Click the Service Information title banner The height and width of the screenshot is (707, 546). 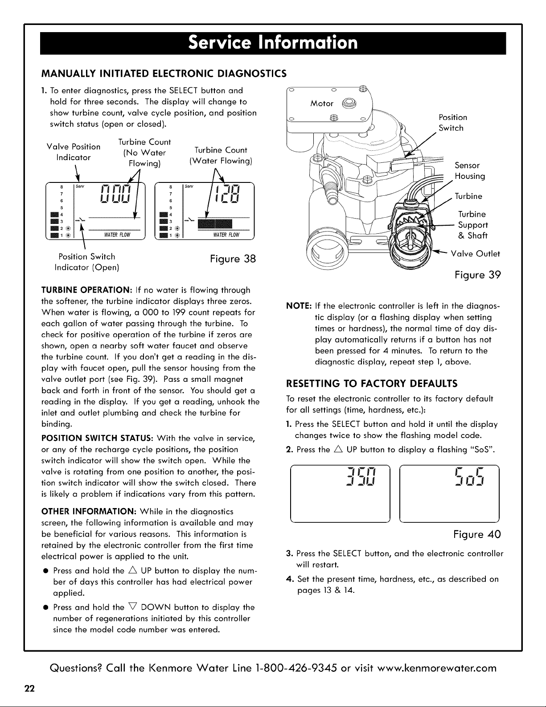(273, 43)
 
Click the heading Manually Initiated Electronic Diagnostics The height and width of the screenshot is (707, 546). (164, 74)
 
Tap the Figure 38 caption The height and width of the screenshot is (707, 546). (233, 259)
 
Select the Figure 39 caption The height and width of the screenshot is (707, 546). (478, 275)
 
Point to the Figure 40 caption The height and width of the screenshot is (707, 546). (477, 534)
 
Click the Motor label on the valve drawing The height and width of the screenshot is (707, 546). (322, 103)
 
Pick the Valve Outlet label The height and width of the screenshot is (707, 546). (476, 254)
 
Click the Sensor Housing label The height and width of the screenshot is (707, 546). (470, 171)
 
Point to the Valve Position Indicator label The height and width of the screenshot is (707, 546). (74, 152)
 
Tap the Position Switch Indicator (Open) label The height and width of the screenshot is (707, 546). (87, 262)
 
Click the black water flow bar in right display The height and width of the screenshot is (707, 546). (215, 224)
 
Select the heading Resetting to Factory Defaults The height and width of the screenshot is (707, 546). (372, 384)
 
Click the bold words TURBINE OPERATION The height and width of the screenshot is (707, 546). (86, 290)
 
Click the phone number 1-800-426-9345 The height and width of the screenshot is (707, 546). (296, 668)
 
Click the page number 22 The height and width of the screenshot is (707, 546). (29, 689)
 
